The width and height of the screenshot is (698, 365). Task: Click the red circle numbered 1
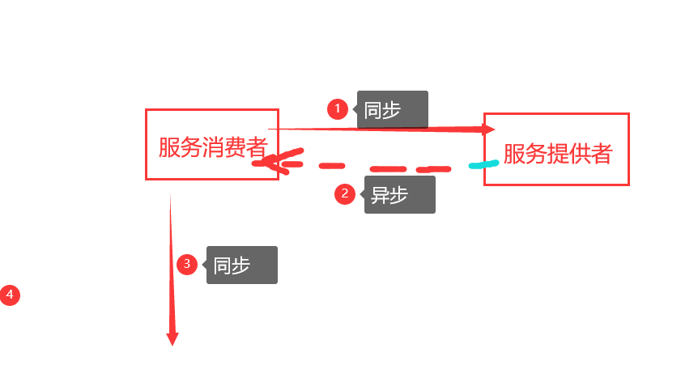click(338, 108)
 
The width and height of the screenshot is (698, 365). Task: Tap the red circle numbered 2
click(345, 193)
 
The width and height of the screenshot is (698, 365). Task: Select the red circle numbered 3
click(187, 264)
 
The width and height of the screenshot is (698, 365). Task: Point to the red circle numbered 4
click(10, 295)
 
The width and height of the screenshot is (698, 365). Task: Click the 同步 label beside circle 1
click(392, 109)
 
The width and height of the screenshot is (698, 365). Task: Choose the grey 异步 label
click(400, 195)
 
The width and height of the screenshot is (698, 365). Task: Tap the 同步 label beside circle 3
click(242, 265)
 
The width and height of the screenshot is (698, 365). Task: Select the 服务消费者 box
click(211, 144)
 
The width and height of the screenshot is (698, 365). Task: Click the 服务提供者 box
click(556, 150)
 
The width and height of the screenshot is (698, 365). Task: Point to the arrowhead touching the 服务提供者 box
click(488, 129)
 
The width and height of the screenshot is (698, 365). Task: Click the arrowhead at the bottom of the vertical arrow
click(172, 338)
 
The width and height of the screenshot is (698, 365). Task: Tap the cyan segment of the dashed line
click(484, 164)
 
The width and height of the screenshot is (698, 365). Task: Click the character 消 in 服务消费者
click(211, 148)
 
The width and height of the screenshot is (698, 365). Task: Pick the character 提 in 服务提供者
click(556, 154)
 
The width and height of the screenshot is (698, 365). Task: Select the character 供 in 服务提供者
click(579, 154)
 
